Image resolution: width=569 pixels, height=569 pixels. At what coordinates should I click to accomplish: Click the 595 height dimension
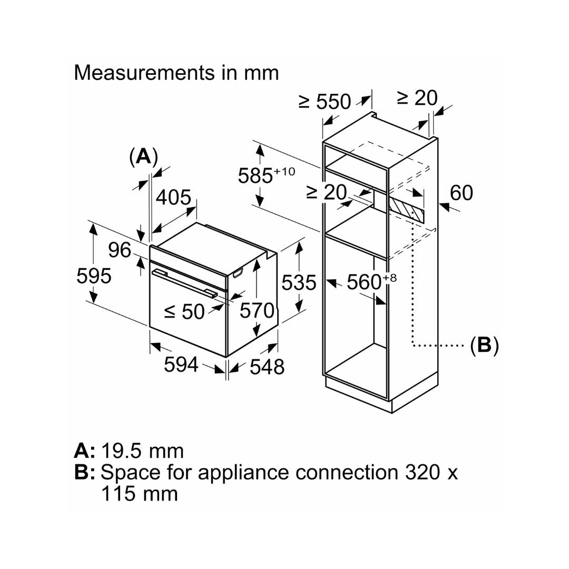[94, 276]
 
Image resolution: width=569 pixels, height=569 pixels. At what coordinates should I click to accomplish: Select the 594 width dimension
[181, 364]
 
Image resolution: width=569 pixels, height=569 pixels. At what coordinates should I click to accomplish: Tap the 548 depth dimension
[267, 367]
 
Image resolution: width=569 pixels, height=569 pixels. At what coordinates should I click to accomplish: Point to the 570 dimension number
[257, 311]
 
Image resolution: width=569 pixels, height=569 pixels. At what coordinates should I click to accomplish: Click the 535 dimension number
[299, 283]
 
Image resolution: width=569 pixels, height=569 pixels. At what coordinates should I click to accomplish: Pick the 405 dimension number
[173, 198]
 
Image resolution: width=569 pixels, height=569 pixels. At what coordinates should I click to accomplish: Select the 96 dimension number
[120, 250]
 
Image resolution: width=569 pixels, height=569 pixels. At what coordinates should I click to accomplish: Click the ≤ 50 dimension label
[184, 311]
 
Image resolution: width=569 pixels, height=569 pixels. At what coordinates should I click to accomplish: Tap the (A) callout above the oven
[143, 157]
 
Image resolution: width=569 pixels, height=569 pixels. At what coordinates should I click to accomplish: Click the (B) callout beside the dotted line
[484, 345]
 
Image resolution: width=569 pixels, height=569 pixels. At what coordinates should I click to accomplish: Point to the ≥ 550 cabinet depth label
[325, 101]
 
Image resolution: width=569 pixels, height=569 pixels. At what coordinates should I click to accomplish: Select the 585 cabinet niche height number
[255, 176]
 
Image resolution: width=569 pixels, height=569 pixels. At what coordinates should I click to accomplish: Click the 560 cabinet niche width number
[364, 282]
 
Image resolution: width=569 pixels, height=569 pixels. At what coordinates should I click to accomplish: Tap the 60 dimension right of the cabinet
[462, 193]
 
